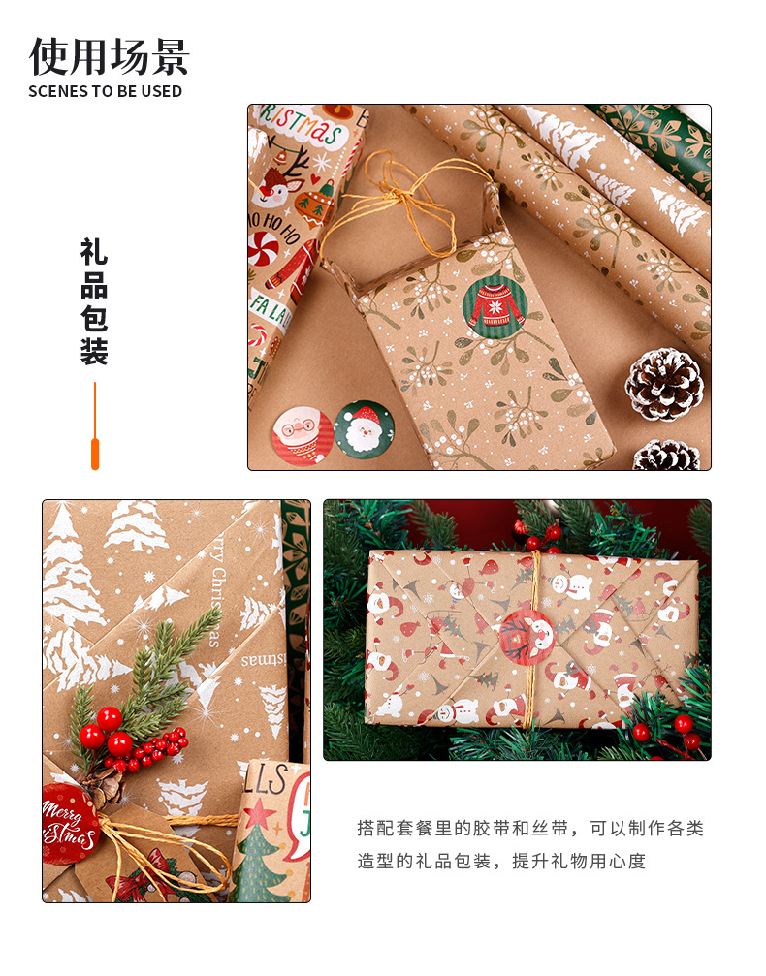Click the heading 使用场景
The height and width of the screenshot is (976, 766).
(109, 56)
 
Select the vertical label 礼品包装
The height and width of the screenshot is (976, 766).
(94, 302)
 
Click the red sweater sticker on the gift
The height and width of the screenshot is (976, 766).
(495, 307)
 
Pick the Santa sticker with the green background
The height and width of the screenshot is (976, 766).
(365, 428)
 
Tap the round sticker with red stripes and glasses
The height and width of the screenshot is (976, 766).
(303, 435)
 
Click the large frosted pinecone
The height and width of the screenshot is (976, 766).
(664, 385)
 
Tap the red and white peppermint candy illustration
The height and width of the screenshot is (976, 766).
(263, 250)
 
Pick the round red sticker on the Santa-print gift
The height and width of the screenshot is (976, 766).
(524, 638)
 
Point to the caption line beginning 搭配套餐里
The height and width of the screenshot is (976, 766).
(529, 829)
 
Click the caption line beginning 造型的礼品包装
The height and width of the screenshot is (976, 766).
(501, 861)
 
